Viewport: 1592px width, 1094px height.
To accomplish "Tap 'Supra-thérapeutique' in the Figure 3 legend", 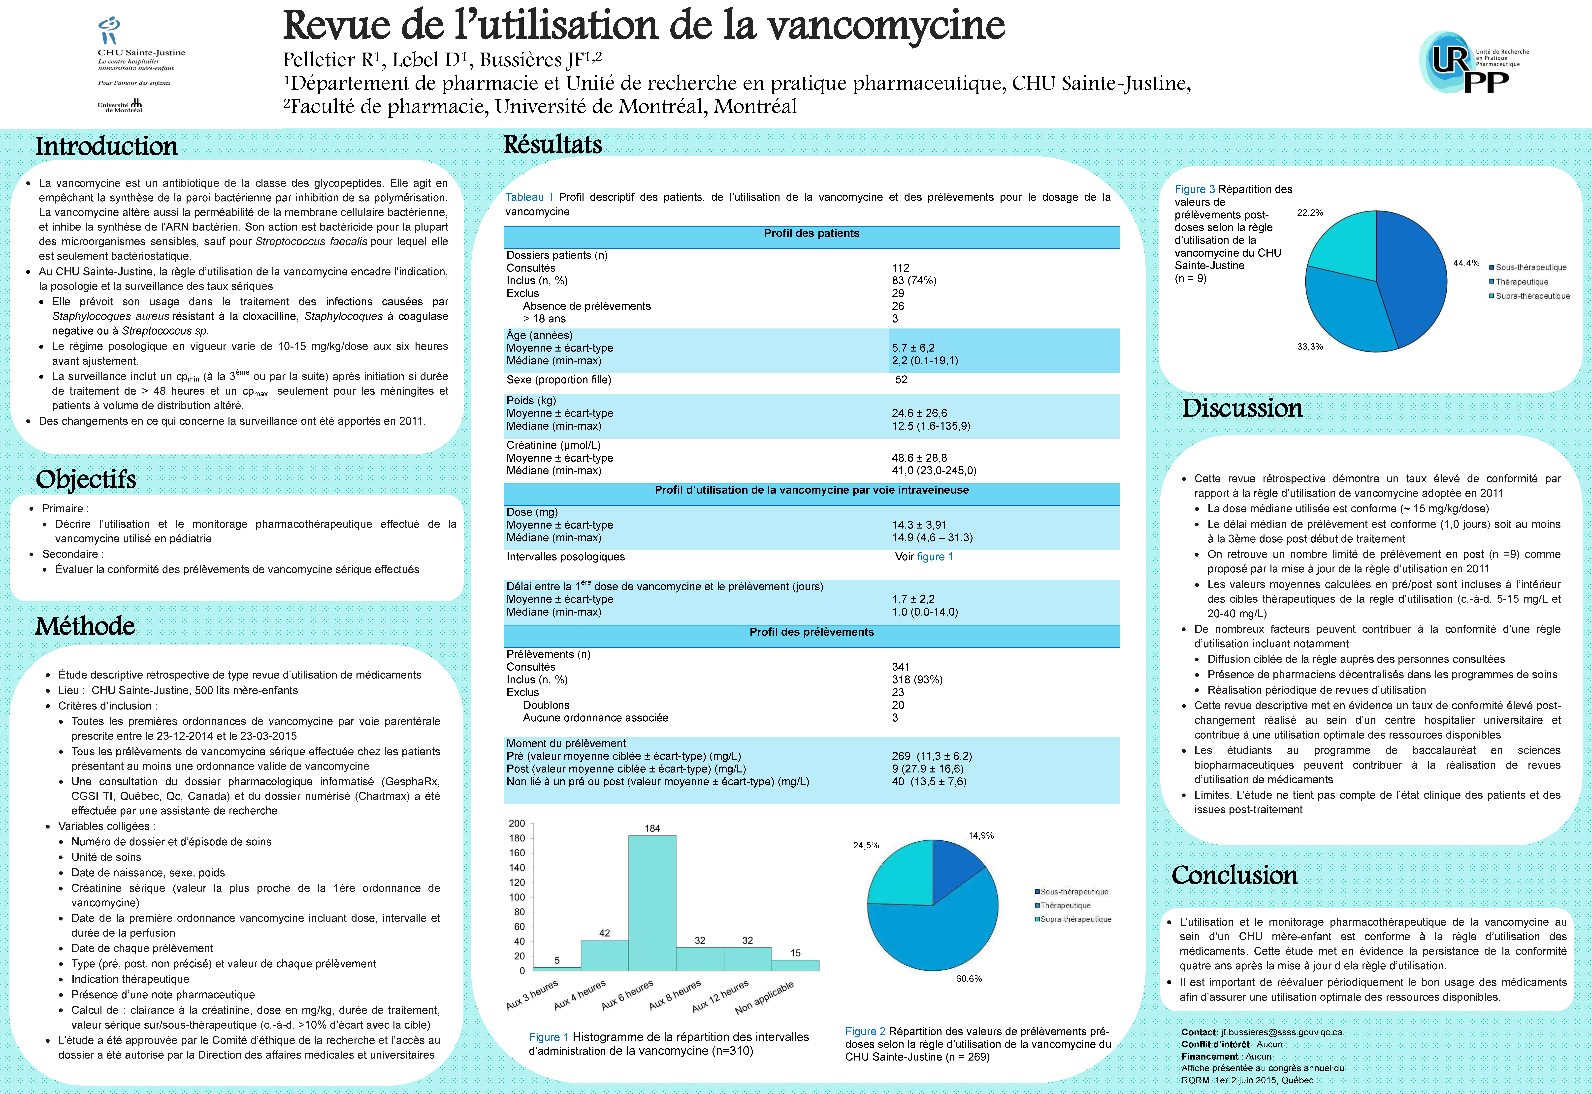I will click(x=1532, y=296).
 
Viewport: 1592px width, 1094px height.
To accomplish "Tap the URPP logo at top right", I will click(x=1471, y=62).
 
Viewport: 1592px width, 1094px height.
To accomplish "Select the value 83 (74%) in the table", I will click(x=914, y=280).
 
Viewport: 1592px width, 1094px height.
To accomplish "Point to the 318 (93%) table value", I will click(x=917, y=679).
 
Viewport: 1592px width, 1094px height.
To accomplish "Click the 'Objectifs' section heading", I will click(x=86, y=479).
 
